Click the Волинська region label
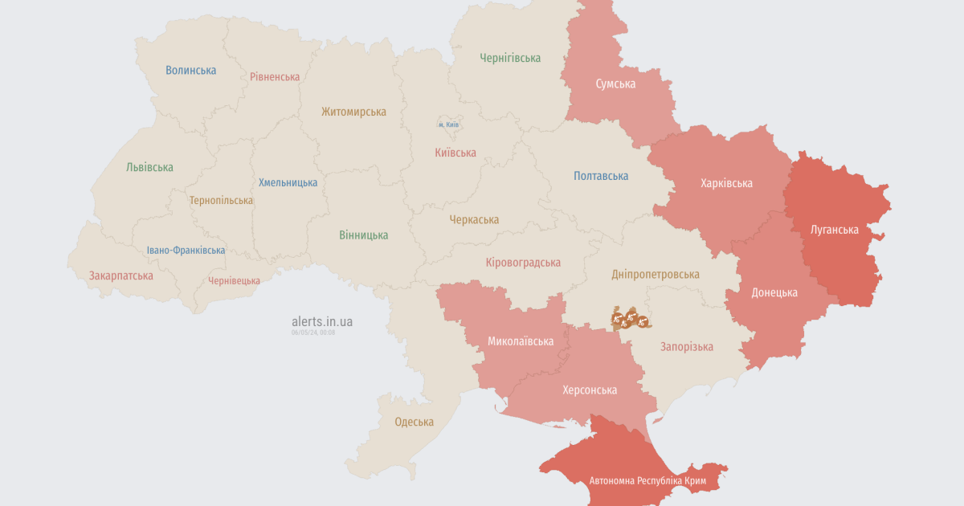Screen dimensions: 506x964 [190, 70]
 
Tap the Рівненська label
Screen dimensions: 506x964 [275, 76]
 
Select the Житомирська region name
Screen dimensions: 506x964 [353, 112]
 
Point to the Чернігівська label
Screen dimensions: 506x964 [509, 58]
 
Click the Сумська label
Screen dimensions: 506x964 [615, 84]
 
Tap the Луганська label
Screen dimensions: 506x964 [834, 230]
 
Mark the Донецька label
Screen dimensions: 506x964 [774, 292]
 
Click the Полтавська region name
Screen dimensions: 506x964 [601, 176]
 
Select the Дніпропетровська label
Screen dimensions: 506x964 [655, 274]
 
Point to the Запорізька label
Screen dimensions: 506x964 [686, 347]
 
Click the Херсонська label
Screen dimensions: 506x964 [590, 390]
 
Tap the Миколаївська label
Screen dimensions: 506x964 [521, 341]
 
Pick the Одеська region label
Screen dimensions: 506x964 [414, 422]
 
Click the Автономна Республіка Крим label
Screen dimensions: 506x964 [647, 481]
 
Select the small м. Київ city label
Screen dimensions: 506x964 [448, 125]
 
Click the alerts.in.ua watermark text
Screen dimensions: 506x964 [321, 321]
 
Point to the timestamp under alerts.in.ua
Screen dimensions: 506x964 [313, 332]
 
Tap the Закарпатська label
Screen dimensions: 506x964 [120, 275]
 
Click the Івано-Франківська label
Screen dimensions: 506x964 [186, 250]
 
